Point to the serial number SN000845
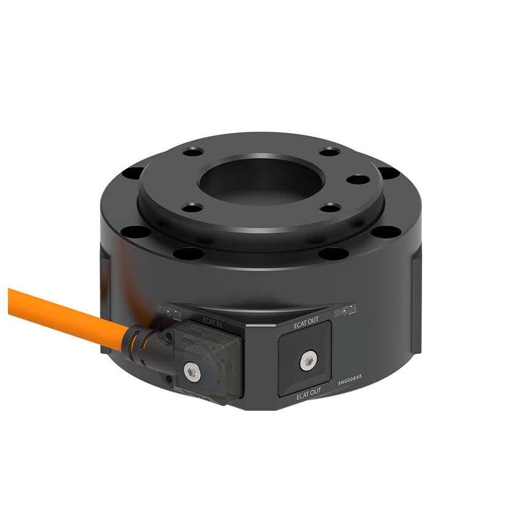point(354,381)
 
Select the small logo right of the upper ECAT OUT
point(347,311)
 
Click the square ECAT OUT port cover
point(305,359)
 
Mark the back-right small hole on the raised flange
point(329,151)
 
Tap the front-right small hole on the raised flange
point(329,208)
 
